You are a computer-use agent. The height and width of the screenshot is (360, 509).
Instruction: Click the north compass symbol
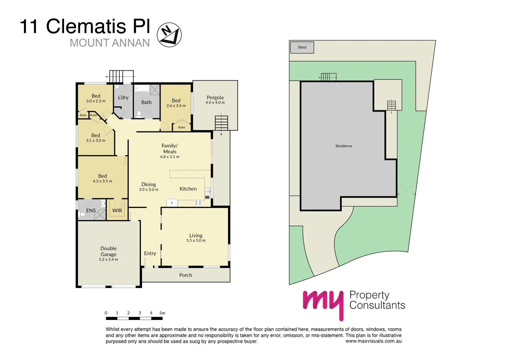(169, 35)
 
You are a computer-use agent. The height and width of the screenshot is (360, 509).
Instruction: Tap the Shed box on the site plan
(302, 47)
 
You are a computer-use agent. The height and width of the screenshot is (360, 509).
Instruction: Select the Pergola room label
(215, 97)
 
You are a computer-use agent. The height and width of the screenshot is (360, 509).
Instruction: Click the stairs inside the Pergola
(221, 122)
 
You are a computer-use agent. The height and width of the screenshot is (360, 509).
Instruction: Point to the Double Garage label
(109, 251)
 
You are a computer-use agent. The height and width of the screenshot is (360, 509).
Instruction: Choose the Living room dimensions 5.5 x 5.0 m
(196, 241)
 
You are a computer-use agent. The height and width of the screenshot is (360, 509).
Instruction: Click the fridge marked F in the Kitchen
(172, 203)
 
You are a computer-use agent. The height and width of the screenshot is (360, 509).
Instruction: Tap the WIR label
(117, 211)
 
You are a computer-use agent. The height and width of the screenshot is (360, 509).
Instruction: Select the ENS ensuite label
(91, 211)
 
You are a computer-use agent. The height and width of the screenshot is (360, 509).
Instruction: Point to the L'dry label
(123, 97)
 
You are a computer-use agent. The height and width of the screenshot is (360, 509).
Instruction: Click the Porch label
(186, 275)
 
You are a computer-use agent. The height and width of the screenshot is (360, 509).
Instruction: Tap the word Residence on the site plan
(344, 146)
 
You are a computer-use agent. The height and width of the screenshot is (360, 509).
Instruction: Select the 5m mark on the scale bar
(162, 313)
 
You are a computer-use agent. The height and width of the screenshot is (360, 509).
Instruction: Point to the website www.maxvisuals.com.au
(373, 341)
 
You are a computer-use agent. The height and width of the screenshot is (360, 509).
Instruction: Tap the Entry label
(150, 253)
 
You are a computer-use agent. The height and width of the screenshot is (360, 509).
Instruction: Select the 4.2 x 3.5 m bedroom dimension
(102, 181)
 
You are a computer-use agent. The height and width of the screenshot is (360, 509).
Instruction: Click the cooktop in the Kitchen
(198, 202)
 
